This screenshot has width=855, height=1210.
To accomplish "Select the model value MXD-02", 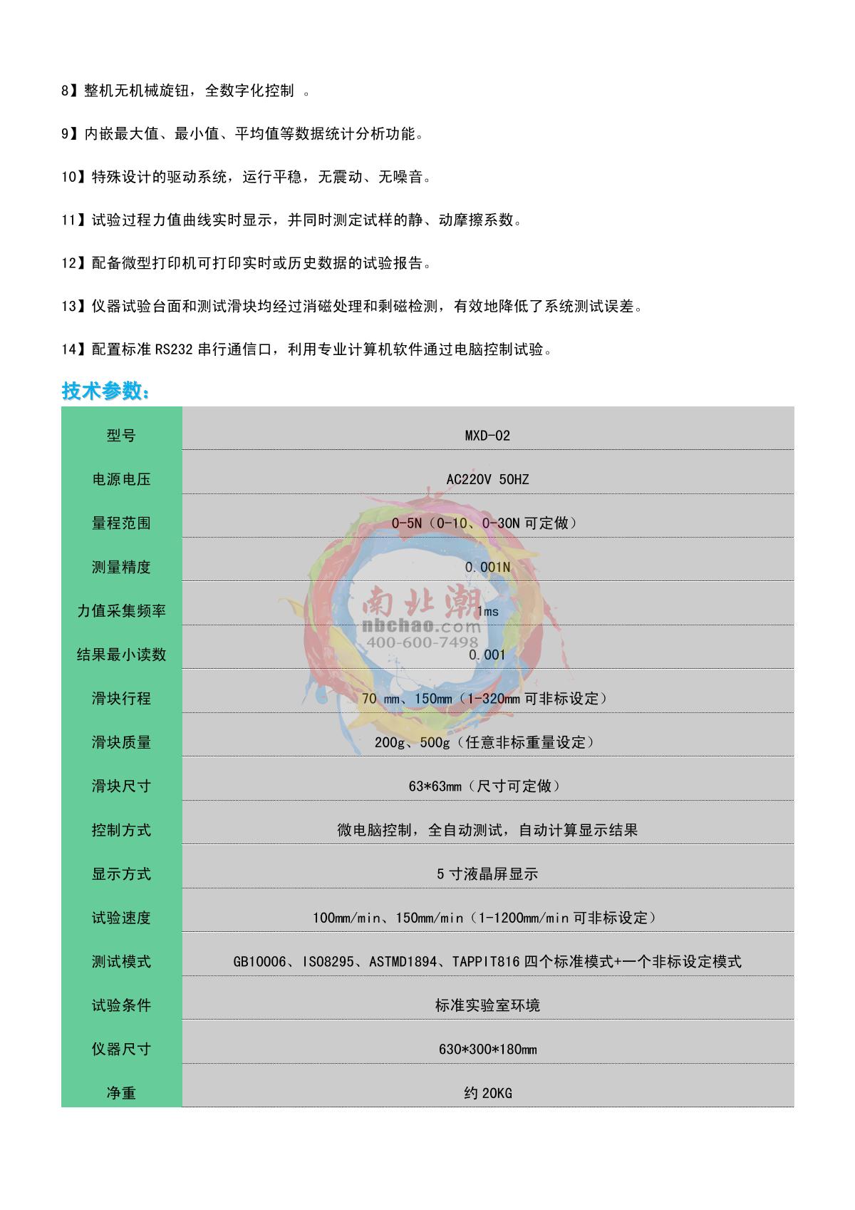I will [487, 436].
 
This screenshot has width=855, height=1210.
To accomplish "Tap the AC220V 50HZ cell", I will [487, 479].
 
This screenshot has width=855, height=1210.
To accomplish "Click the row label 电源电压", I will [121, 479].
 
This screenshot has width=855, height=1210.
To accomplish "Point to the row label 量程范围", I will [121, 523].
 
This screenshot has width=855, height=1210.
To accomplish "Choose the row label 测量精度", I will [121, 567].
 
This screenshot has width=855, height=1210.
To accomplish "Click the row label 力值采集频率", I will [121, 611].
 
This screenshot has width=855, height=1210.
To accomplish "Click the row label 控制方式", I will [121, 830].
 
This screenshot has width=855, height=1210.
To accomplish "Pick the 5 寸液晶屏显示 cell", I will [487, 873].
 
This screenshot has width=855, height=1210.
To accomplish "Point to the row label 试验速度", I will [121, 918].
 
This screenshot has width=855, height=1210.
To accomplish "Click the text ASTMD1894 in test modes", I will [403, 962].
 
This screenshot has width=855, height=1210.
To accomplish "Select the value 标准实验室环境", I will [487, 1005].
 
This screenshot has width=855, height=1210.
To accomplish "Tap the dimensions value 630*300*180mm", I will [487, 1050].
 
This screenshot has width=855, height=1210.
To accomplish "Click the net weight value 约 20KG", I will [487, 1093].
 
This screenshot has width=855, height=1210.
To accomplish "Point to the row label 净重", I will [121, 1093].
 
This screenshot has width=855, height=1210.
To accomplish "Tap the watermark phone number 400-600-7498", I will [423, 642].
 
